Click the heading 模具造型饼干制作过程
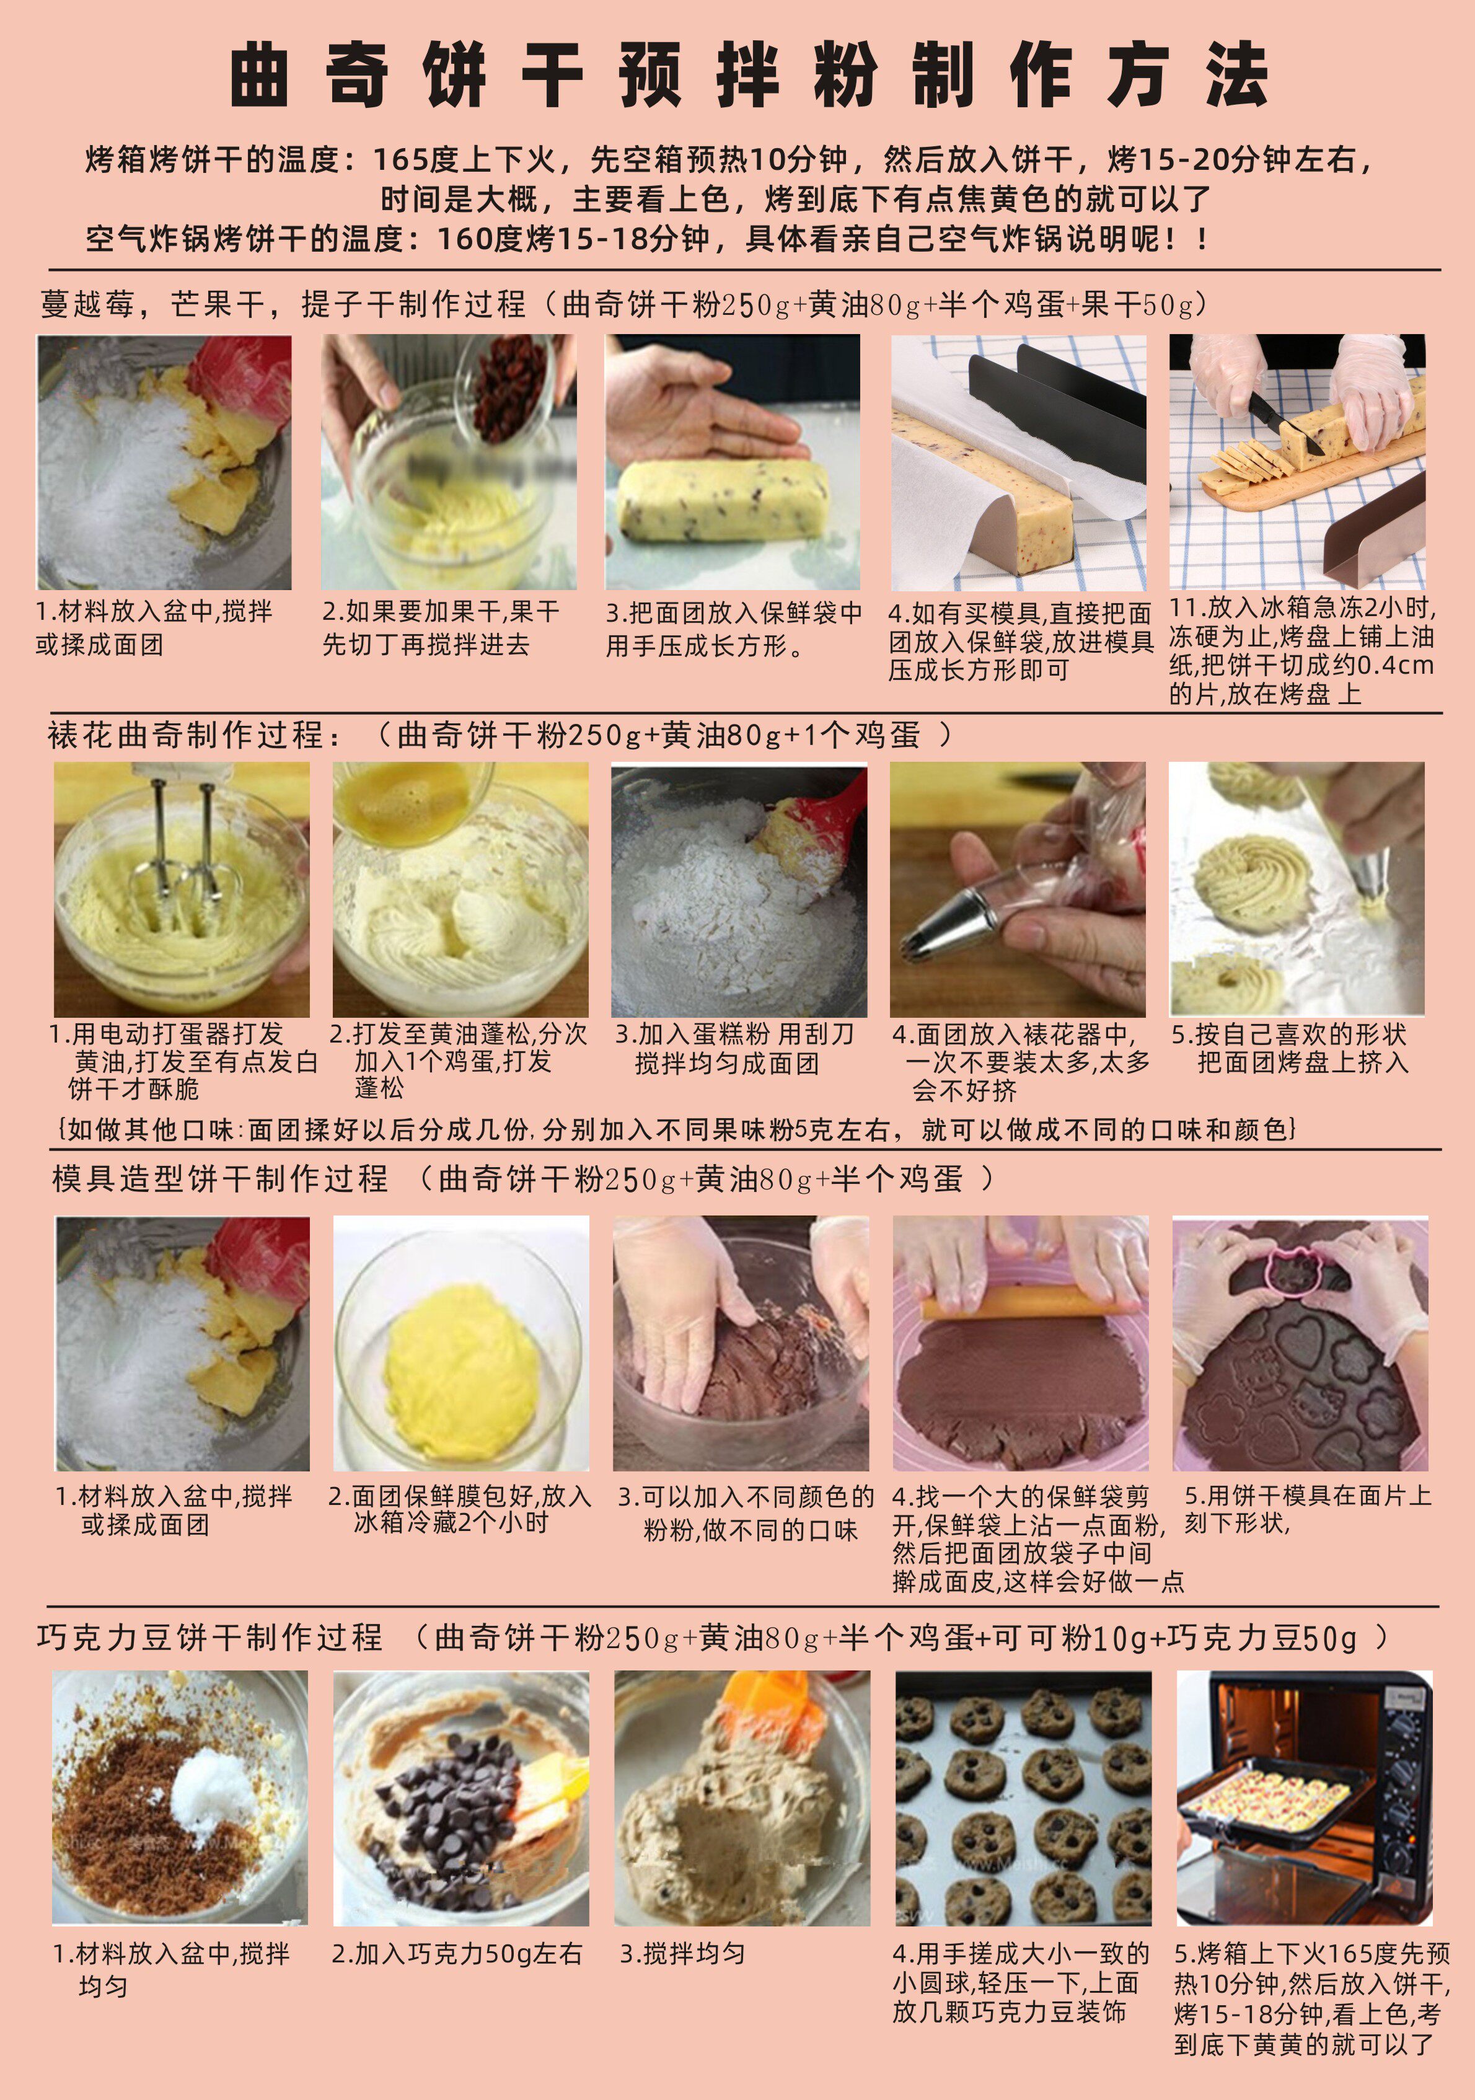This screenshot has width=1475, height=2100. click(x=219, y=1178)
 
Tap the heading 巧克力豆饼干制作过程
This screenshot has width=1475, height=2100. click(x=209, y=1637)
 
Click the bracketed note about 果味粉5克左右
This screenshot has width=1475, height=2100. click(x=677, y=1129)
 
